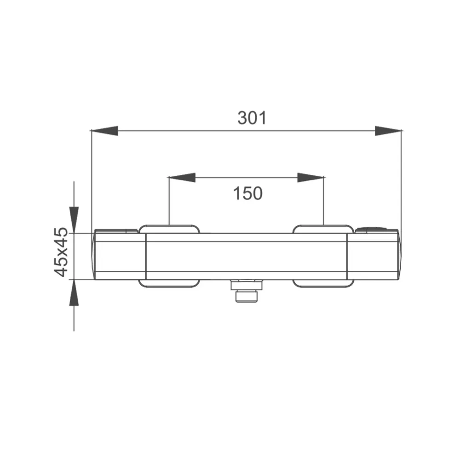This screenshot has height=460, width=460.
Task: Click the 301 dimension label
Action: click(x=252, y=118)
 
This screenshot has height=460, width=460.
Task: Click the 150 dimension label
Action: click(x=248, y=194)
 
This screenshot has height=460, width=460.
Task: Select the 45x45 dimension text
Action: click(x=61, y=252)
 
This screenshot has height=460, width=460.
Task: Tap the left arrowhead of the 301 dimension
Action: click(x=105, y=131)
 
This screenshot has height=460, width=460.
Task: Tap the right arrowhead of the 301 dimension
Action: click(x=388, y=131)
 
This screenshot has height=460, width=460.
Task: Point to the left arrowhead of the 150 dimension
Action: click(x=182, y=178)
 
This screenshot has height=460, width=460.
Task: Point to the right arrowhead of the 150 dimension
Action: click(x=310, y=178)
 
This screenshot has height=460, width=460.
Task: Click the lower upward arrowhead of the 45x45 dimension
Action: click(x=74, y=293)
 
